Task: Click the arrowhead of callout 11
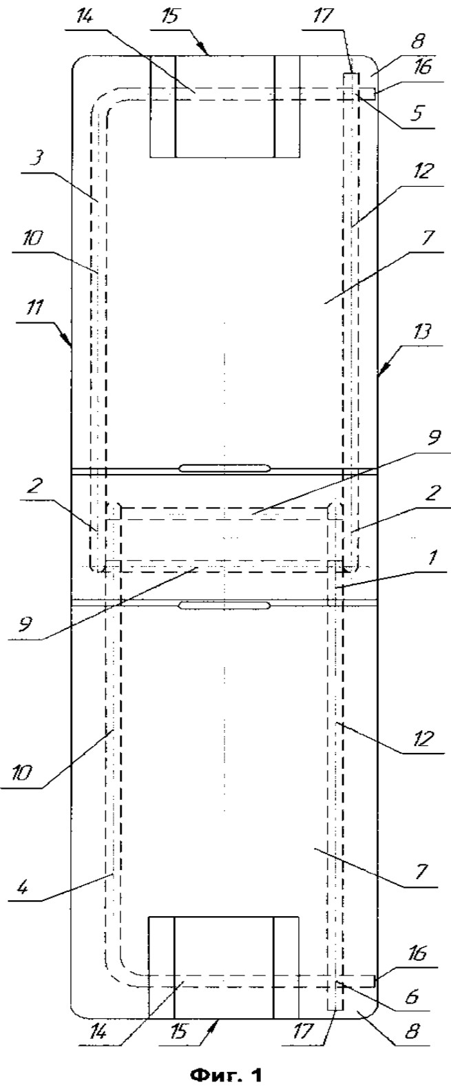click(69, 342)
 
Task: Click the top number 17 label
click(326, 15)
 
